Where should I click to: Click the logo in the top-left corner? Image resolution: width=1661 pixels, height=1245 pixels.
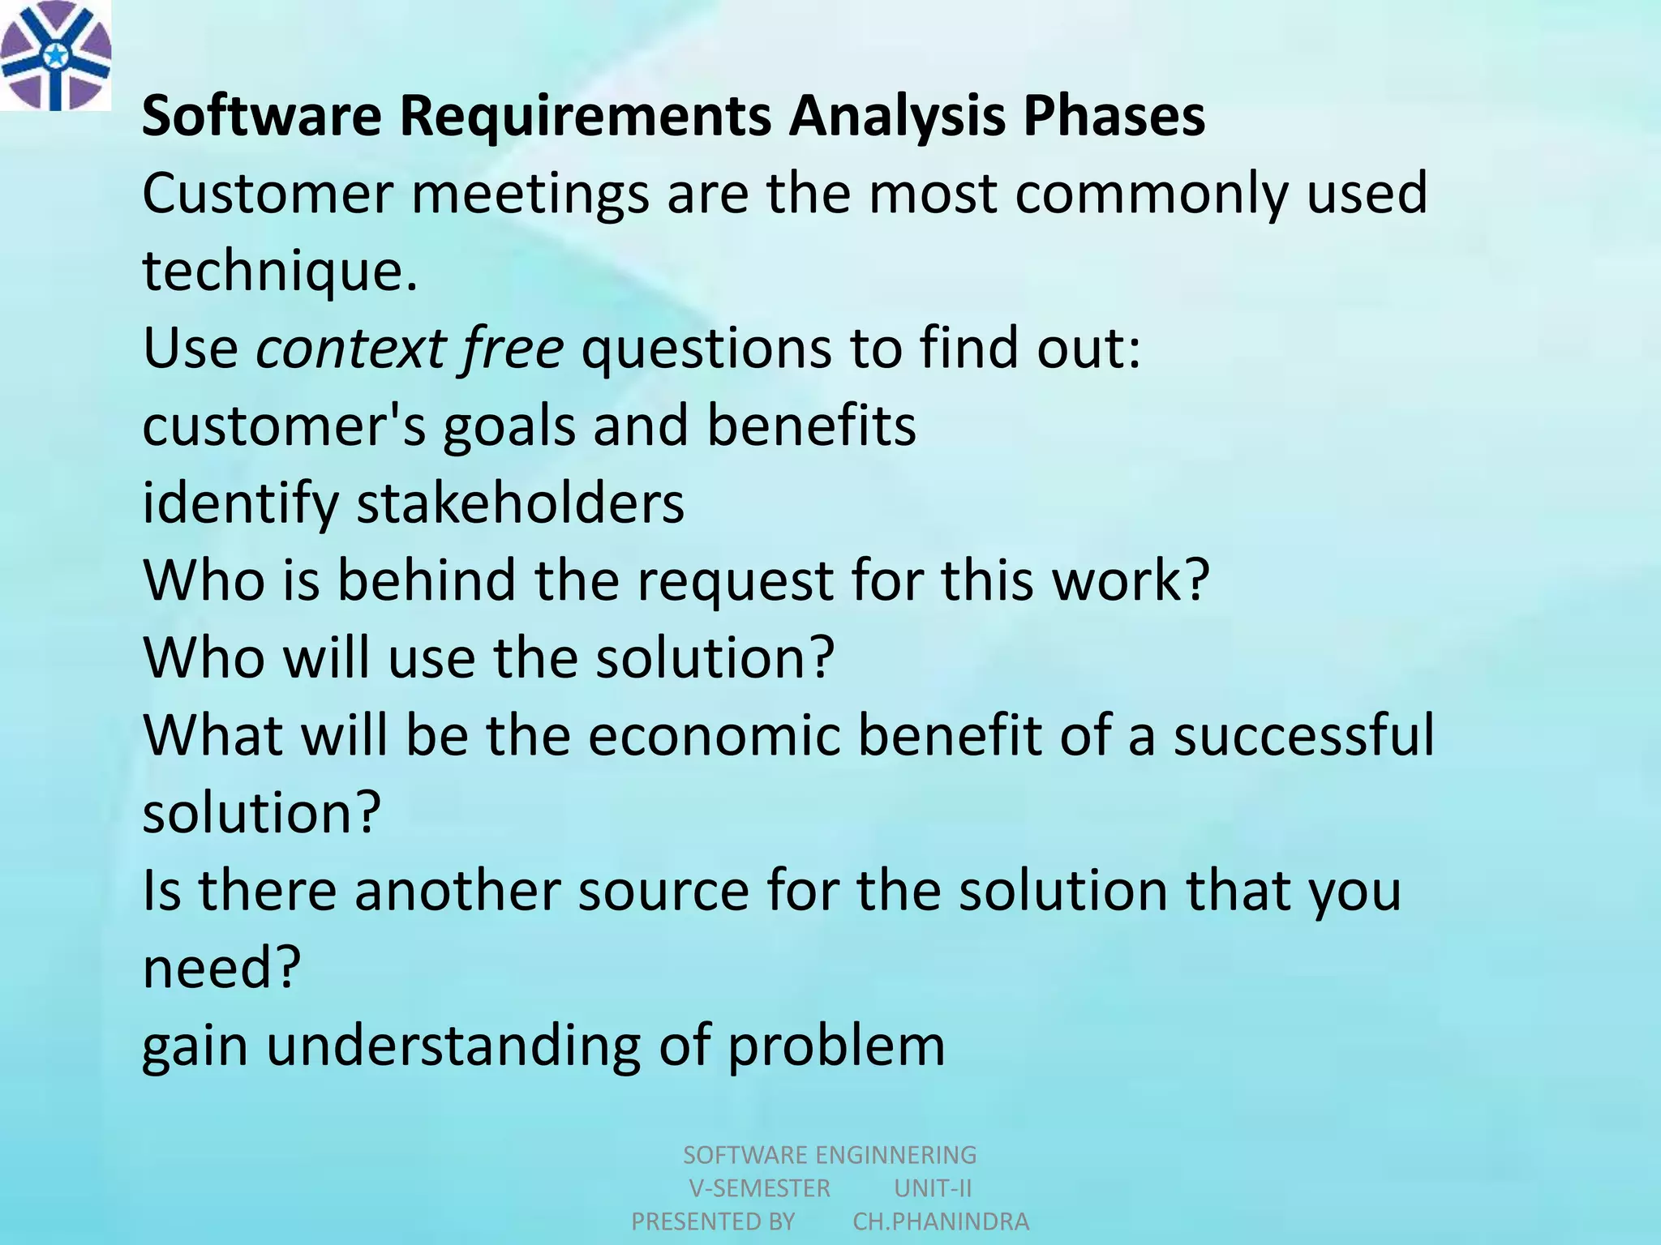coord(55,55)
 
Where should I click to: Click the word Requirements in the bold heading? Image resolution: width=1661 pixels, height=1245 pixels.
coord(585,117)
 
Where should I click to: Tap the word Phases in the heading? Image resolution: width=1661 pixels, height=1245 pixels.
coord(1114,117)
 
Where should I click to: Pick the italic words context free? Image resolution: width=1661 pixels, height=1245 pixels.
coord(410,349)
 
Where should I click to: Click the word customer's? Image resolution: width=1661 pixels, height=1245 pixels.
coord(283,426)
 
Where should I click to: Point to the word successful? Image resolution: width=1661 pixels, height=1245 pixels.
coord(1304,736)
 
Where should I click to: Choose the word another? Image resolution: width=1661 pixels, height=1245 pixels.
coord(457,891)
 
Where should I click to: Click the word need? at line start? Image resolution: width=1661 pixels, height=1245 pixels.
coord(221,968)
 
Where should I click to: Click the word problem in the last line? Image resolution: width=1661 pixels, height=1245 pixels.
coord(835,1046)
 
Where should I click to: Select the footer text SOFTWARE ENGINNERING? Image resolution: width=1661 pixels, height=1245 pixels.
coord(830,1154)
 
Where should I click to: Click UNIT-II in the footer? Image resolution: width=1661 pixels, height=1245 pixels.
coord(933,1188)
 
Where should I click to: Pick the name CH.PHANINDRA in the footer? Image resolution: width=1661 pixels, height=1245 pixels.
coord(941,1221)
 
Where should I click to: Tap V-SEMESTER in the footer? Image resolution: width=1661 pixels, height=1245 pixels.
coord(759,1188)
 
